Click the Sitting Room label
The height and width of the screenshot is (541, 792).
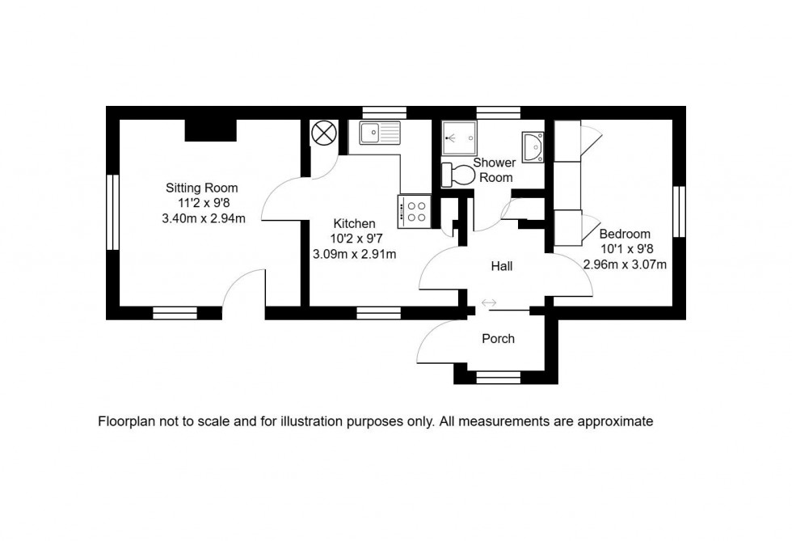coord(203,188)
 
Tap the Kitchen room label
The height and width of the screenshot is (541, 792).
coord(354,223)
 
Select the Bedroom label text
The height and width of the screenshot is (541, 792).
coord(625,234)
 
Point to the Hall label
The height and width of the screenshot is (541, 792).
coord(501,265)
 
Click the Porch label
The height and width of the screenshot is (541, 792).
coord(498,338)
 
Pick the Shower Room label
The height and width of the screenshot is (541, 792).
coord(495,170)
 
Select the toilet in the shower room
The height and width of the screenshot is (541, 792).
coord(460,174)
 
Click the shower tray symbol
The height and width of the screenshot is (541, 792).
coord(460,137)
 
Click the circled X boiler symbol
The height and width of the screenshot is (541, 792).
coord(323,132)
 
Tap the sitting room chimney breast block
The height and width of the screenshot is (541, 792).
coord(210,129)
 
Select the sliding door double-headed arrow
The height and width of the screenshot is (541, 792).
coord(489,303)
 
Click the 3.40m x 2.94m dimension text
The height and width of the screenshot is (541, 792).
coord(203,218)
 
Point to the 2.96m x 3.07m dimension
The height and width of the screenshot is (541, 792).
coord(625,264)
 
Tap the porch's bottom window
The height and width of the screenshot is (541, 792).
coord(498,377)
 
